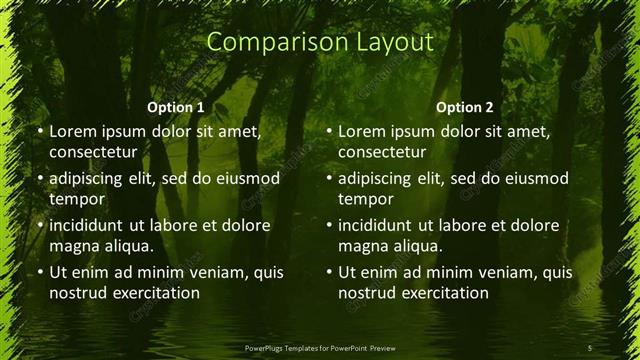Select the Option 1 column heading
tap(176, 107)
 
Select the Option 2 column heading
tap(465, 107)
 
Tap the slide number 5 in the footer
tap(590, 347)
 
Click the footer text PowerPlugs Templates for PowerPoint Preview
tap(319, 347)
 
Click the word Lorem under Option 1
tap(72, 131)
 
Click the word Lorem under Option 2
tap(361, 131)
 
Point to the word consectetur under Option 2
tap(382, 152)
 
